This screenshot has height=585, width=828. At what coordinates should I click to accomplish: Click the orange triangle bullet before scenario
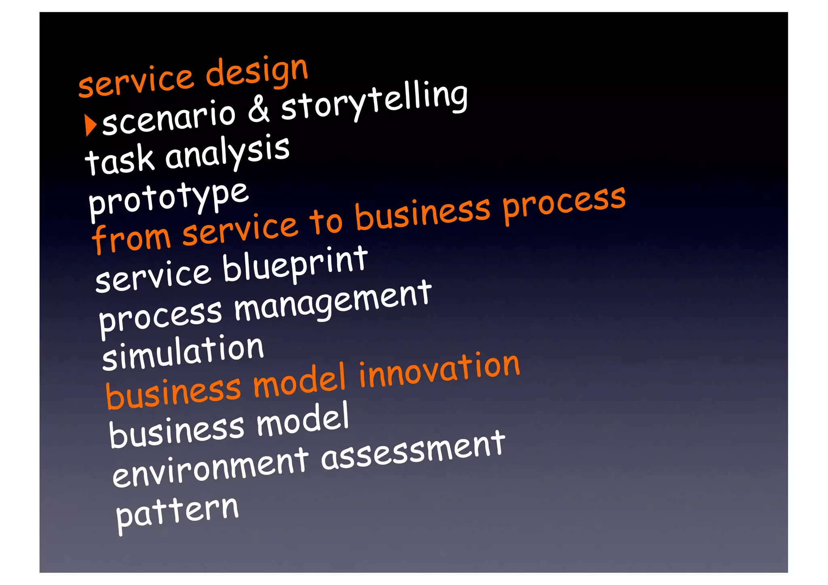[x=91, y=125]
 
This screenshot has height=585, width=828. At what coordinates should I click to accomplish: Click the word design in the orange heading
[x=257, y=72]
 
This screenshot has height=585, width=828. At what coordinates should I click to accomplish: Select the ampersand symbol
[x=258, y=109]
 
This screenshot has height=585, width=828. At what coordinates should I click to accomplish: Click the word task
[x=120, y=160]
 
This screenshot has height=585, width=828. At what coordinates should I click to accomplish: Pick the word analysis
[x=227, y=152]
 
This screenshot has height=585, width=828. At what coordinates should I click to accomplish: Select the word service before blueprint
[x=153, y=277]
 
